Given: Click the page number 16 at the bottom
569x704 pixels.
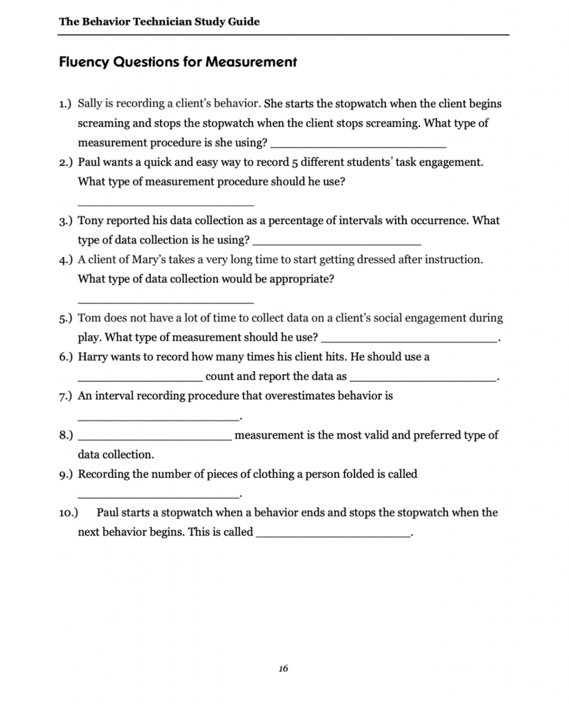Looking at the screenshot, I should [284, 668].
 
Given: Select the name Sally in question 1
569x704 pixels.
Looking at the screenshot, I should [91, 104].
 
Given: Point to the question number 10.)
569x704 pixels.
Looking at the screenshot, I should [69, 513].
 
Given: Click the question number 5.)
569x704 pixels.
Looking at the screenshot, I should [65, 318].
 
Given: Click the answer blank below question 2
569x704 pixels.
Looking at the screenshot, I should [166, 203].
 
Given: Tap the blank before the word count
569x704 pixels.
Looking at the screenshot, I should [140, 379].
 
